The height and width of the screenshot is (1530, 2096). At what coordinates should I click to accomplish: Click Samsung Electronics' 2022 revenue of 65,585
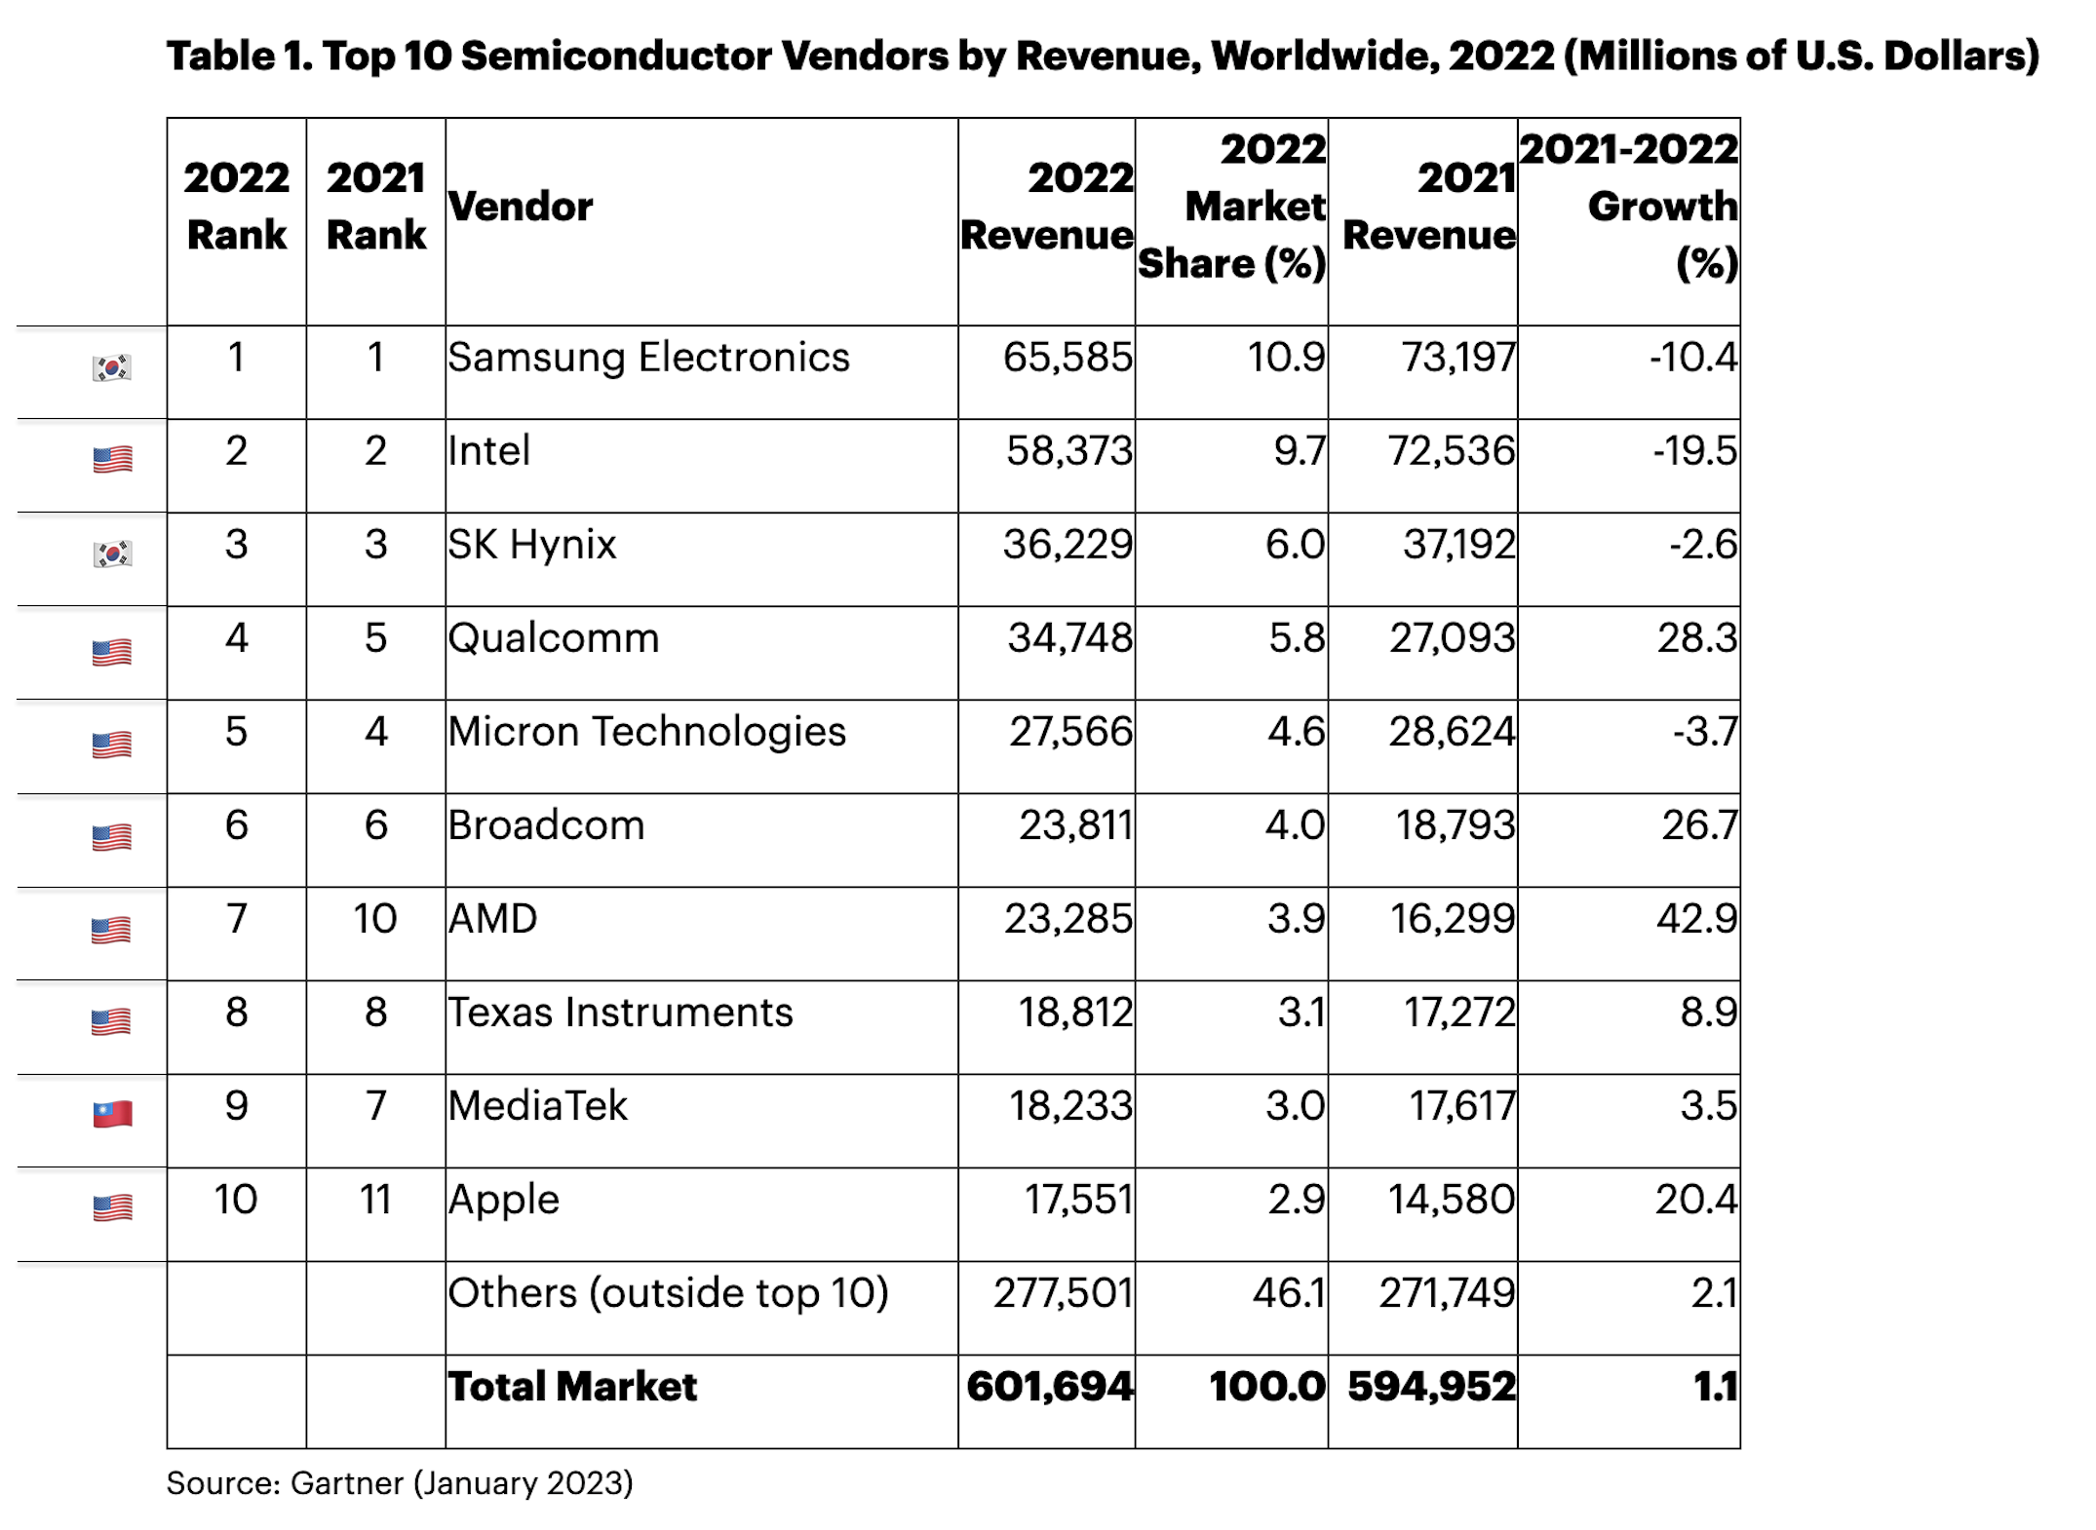coord(1067,358)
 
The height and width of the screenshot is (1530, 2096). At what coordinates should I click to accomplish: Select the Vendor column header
coord(521,207)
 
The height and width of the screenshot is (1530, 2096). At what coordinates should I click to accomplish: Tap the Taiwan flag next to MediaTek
coord(112,1113)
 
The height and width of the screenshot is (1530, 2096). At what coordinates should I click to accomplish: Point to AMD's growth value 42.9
coord(1696,919)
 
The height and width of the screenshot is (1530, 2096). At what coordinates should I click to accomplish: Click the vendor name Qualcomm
coord(554,638)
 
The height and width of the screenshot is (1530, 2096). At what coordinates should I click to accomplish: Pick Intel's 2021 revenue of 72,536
coord(1452,451)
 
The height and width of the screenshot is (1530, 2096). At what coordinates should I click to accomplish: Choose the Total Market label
coord(572,1387)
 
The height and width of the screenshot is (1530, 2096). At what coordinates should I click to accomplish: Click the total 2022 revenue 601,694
coord(1050,1387)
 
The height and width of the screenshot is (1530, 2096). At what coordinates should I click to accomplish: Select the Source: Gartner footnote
coord(400,1483)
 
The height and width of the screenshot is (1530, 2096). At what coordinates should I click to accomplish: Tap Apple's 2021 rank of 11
coord(375,1200)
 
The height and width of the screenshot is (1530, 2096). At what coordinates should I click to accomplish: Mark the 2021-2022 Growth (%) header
coord(1628,207)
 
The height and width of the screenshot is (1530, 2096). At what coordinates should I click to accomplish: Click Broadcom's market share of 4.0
coord(1295,825)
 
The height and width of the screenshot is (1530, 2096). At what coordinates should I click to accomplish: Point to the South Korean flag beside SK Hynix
coord(112,554)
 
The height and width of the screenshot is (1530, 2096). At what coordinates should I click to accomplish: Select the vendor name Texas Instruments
coord(620,1013)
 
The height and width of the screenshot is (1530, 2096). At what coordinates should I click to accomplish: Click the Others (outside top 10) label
coord(668,1293)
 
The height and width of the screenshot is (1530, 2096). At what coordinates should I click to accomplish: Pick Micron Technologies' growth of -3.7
coord(1704,732)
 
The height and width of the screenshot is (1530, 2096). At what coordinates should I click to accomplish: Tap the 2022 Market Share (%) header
coord(1232,207)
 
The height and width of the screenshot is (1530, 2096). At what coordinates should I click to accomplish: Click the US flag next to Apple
coord(112,1207)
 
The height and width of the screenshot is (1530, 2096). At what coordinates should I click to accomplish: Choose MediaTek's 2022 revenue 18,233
coord(1070,1106)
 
